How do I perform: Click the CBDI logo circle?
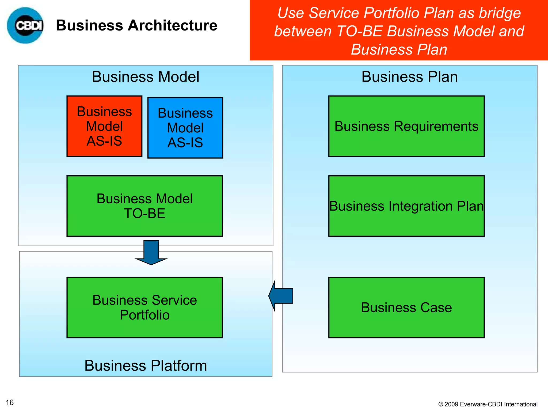(25, 25)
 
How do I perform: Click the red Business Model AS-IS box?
(104, 126)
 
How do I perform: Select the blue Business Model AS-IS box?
(185, 128)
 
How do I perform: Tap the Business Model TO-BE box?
(144, 206)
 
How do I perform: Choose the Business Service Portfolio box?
(144, 307)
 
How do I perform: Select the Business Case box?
(406, 307)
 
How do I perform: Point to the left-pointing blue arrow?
(281, 296)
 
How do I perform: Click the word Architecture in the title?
(172, 25)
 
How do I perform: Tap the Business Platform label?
(146, 366)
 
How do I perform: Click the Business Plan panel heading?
(409, 77)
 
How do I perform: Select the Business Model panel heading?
(146, 77)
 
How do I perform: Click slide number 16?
(10, 402)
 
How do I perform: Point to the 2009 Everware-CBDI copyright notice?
(488, 404)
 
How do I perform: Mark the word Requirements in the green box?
(436, 126)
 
